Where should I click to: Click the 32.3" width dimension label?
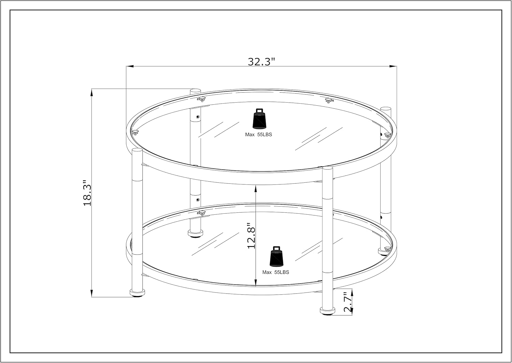click(261, 62)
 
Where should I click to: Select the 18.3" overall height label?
click(87, 193)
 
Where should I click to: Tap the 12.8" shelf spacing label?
click(252, 236)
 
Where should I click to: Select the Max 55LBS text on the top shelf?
click(258, 135)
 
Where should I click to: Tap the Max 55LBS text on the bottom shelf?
click(275, 272)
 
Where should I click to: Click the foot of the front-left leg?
click(138, 292)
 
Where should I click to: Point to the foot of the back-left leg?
click(195, 233)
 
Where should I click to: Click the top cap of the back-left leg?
click(195, 91)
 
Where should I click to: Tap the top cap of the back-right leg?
click(386, 109)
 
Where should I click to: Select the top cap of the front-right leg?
click(327, 168)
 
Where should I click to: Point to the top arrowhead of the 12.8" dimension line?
click(256, 188)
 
